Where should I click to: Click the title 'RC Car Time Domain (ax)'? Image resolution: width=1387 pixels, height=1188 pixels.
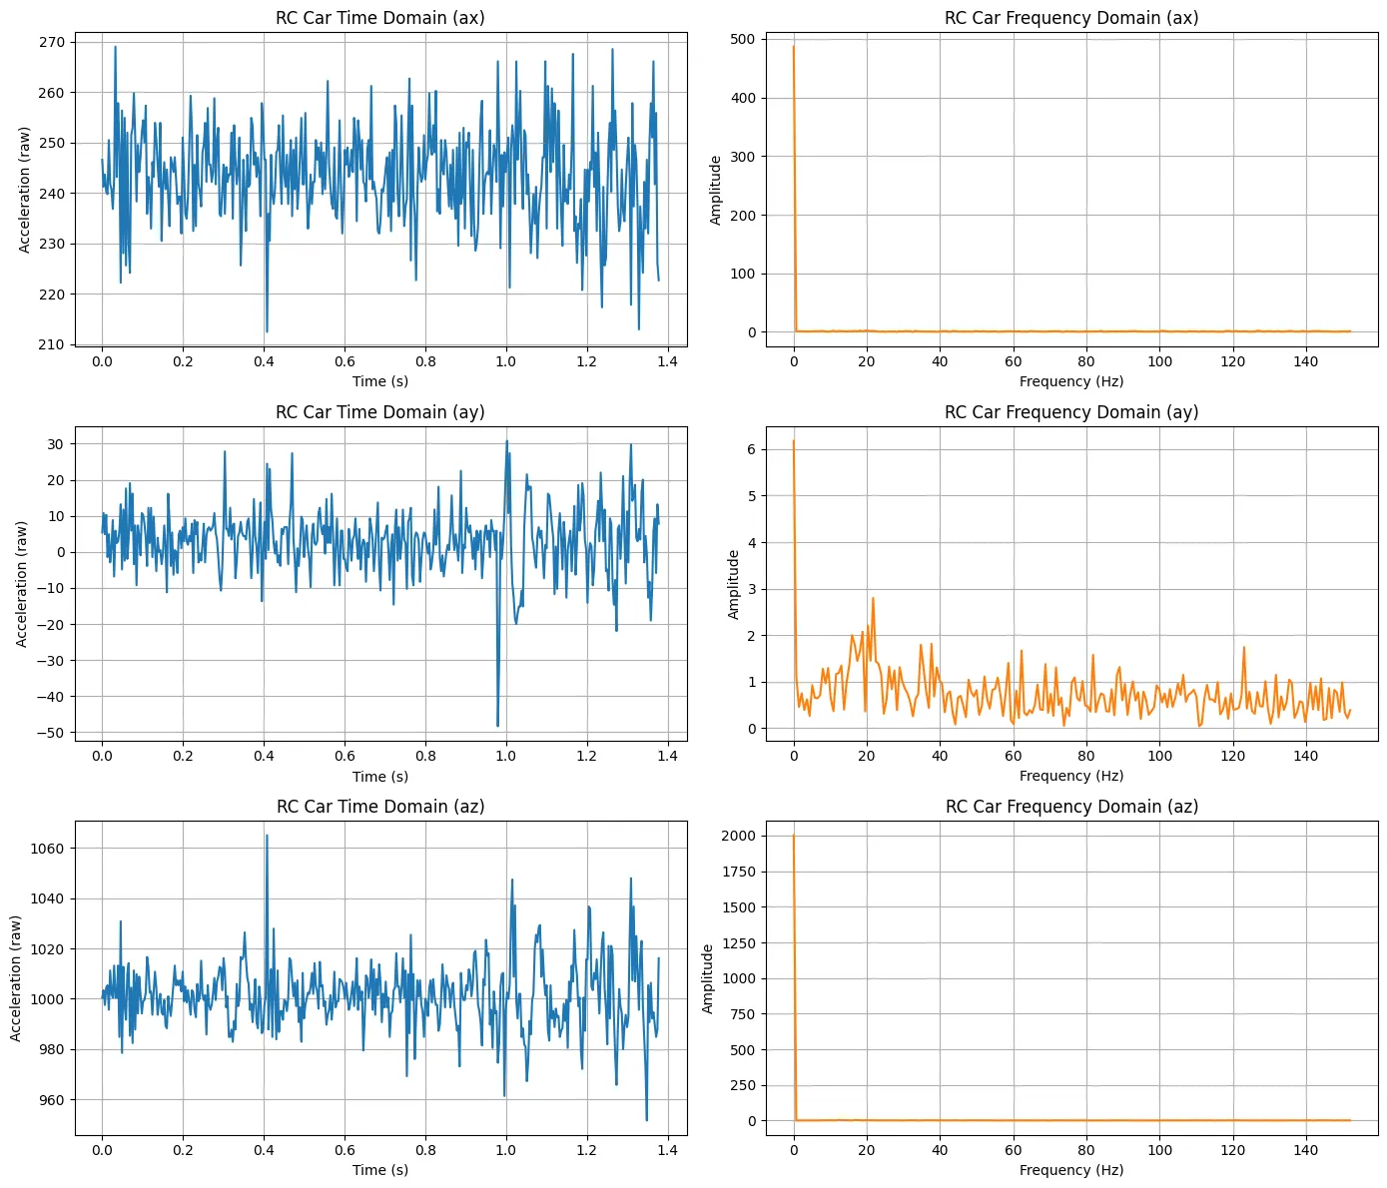point(379,18)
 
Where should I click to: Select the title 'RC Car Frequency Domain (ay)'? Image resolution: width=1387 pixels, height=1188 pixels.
point(1071,412)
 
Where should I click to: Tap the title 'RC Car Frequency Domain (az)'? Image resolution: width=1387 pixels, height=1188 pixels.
point(1071,807)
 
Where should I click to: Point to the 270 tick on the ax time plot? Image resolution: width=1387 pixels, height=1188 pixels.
point(52,42)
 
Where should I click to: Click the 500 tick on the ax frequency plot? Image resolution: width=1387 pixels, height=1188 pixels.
point(743,39)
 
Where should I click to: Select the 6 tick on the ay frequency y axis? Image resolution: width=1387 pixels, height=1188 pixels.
point(750,449)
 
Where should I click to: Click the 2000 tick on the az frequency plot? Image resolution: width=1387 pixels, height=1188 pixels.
point(739,836)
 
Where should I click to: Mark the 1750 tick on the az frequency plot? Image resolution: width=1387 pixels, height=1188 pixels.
point(739,872)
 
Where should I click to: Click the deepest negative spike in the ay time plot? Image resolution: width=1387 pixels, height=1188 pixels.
point(497,726)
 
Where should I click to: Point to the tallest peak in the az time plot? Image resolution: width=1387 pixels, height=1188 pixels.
point(267,835)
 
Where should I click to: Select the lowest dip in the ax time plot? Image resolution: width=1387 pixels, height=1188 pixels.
point(267,331)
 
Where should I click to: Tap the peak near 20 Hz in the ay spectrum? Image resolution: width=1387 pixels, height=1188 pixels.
point(873,598)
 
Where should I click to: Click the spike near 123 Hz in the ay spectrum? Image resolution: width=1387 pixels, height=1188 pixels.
point(1244,647)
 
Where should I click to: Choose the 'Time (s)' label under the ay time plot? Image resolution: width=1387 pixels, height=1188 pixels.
point(379,777)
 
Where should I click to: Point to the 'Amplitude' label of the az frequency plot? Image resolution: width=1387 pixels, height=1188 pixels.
point(708,978)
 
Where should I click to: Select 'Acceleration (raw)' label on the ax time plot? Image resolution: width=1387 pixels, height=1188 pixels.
point(25,190)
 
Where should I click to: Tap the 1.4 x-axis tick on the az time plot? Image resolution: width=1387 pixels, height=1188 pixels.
point(667,1150)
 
